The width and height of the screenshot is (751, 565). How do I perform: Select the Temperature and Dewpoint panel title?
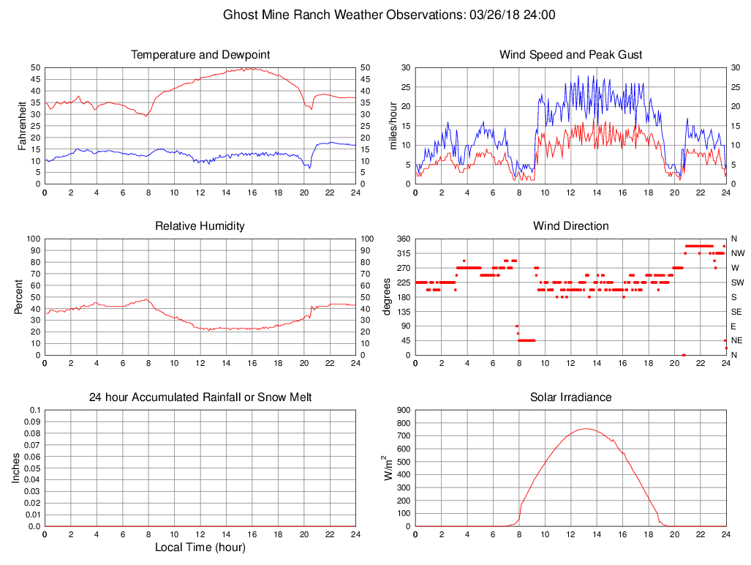coord(200,55)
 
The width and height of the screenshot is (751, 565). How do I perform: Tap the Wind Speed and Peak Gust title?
coord(570,55)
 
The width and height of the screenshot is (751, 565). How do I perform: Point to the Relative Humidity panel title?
coord(200,226)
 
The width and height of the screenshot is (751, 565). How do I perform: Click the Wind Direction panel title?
coord(570,226)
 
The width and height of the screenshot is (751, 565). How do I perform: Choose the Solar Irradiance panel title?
coord(570,397)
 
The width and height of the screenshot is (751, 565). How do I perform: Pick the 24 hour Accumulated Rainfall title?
coord(200,397)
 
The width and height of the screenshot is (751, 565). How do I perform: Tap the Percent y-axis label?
coord(20,297)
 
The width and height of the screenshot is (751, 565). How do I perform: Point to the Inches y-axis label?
coord(16,468)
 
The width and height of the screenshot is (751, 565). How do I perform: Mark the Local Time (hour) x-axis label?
coord(200,547)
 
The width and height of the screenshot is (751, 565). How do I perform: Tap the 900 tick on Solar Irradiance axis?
coord(402,411)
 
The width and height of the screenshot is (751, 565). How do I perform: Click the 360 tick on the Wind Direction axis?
coord(402,239)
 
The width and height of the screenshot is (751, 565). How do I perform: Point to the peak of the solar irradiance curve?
coord(586,429)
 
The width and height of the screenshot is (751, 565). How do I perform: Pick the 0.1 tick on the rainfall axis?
coord(34,411)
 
